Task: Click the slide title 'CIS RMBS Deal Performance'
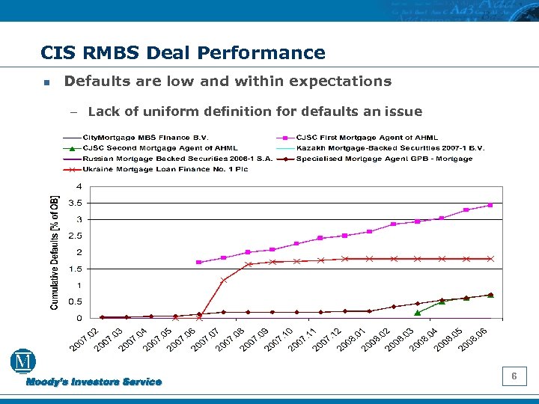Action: coord(183,53)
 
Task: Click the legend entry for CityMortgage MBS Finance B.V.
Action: coord(146,138)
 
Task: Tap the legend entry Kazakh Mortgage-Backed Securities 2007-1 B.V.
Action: coord(390,148)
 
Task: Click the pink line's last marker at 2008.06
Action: coord(490,205)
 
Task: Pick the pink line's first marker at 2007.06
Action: coord(198,263)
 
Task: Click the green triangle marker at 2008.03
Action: coord(417,312)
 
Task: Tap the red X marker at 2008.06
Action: coord(490,259)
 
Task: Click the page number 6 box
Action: coord(514,376)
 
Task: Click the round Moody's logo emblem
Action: coord(23,362)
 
